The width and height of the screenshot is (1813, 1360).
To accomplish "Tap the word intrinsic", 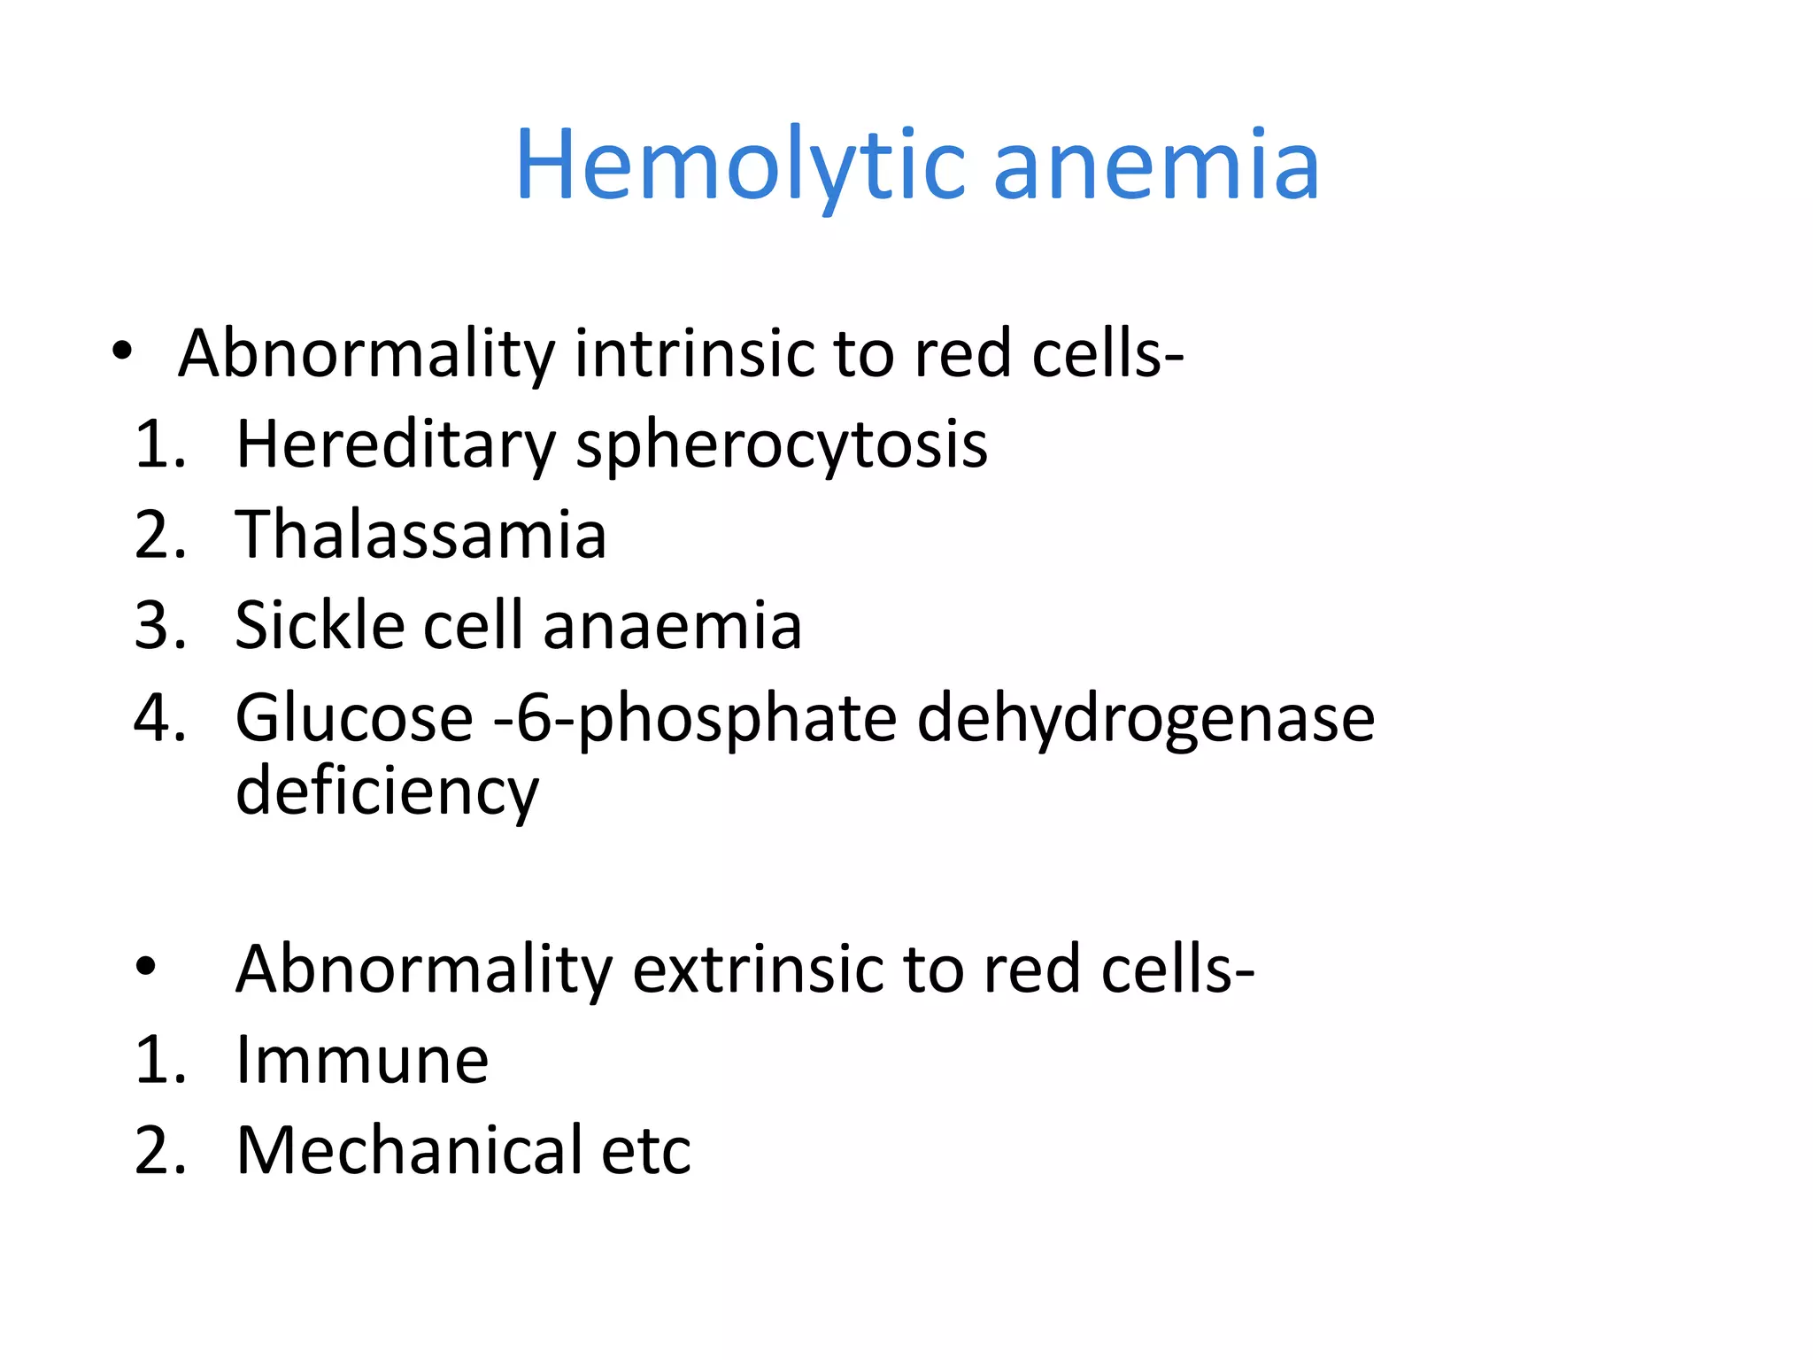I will tap(694, 353).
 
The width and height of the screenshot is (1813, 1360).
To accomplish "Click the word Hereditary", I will tap(395, 444).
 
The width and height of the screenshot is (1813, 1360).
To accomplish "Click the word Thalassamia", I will tap(420, 535).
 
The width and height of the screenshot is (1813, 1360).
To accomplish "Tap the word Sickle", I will tap(320, 626).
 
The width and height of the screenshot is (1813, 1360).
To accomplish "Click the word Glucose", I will tap(354, 717).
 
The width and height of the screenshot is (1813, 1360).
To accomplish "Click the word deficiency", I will tap(387, 791).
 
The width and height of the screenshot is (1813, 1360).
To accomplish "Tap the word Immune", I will tap(362, 1060).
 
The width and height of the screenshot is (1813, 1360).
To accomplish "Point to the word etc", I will tap(645, 1152).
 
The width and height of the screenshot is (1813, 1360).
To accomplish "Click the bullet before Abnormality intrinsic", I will tap(122, 353).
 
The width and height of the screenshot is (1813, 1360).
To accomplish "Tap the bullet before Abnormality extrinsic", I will tap(146, 968).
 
